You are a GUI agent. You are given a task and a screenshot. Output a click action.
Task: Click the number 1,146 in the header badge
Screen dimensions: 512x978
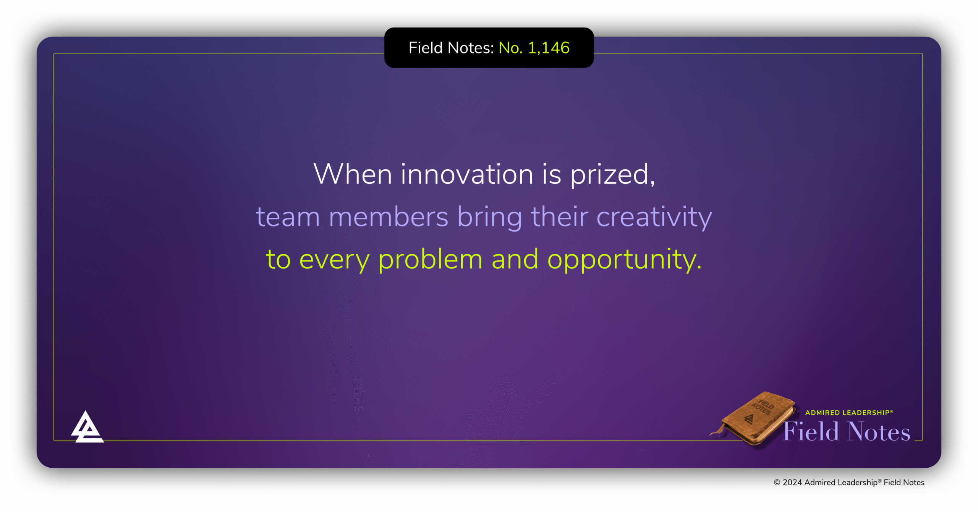549,48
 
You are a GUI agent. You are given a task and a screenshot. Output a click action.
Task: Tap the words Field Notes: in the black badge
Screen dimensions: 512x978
451,48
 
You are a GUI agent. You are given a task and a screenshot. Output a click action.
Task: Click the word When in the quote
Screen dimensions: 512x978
352,174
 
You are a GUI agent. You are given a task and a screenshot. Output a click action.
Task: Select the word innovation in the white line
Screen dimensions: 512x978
467,174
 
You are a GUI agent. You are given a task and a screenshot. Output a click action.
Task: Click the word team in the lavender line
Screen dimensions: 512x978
288,217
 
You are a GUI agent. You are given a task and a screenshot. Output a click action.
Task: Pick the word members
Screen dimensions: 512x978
389,217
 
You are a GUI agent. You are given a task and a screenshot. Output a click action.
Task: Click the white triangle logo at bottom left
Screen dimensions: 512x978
87,428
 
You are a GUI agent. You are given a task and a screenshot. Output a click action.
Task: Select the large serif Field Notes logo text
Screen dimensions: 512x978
847,432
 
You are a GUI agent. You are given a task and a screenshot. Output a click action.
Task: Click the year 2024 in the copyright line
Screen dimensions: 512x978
792,483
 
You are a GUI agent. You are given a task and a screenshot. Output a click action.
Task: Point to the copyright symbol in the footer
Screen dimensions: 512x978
777,483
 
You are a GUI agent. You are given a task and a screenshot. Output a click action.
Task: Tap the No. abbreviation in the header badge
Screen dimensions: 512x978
510,48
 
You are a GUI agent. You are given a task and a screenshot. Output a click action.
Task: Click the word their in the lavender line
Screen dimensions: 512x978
559,217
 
